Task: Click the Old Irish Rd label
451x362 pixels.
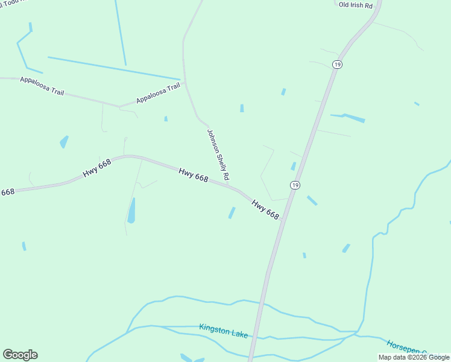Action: pyautogui.click(x=356, y=5)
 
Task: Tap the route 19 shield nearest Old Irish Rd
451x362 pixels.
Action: pyautogui.click(x=337, y=65)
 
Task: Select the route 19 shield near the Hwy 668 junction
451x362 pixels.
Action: pyautogui.click(x=294, y=185)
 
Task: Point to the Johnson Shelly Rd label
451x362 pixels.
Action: pyautogui.click(x=218, y=155)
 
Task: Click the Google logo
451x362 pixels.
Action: pyautogui.click(x=20, y=355)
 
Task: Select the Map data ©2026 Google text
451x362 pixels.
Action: pyautogui.click(x=414, y=357)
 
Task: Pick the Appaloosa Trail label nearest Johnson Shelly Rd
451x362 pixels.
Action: pyautogui.click(x=158, y=93)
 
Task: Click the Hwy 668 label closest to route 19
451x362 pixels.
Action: pyautogui.click(x=266, y=209)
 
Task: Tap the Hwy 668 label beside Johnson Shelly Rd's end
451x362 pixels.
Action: pyautogui.click(x=194, y=175)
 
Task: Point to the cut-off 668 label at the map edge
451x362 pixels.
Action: pyautogui.click(x=7, y=192)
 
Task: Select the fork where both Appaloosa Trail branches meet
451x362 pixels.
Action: pyautogui.click(x=118, y=107)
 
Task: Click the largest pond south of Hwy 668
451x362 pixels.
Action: pyautogui.click(x=131, y=210)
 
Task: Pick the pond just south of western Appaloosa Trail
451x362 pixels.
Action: pyautogui.click(x=64, y=142)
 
